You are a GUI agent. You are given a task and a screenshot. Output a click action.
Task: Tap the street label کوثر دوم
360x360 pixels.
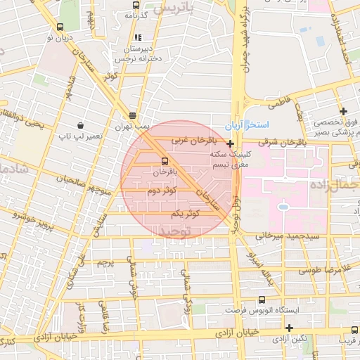[161, 191]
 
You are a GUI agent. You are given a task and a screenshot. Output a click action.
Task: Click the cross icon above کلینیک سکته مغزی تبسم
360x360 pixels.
[230, 143]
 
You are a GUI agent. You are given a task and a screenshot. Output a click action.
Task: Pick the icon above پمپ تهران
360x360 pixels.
[133, 115]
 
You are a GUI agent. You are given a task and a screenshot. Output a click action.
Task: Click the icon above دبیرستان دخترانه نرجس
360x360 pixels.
[138, 37]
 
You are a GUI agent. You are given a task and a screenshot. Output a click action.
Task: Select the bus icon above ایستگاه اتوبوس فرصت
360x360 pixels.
[262, 300]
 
